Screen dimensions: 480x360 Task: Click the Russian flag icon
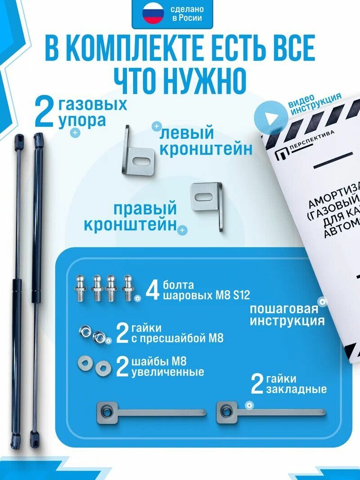[153, 14]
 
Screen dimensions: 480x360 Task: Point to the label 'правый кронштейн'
[130, 217]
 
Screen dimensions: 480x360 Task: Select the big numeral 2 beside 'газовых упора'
[44, 113]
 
